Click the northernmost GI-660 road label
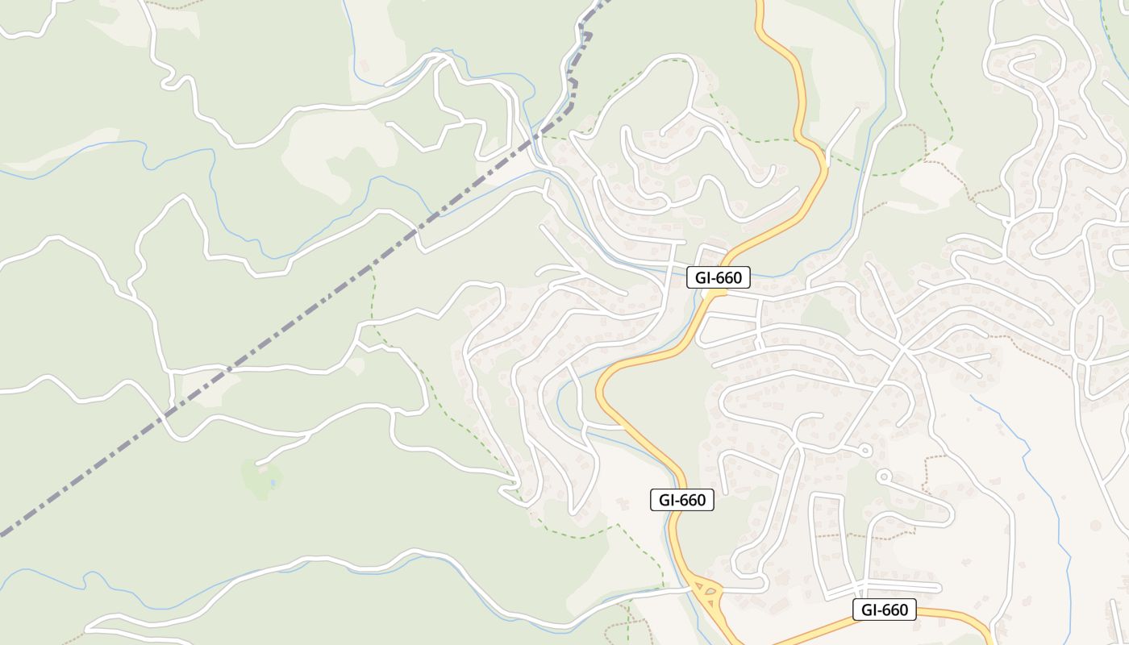point(719,278)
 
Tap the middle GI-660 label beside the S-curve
point(682,500)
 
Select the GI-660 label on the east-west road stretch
point(885,610)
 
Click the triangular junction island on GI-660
point(709,596)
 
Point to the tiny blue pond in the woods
point(273,483)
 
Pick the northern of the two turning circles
point(865,450)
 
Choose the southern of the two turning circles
point(884,476)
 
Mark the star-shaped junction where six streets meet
point(903,352)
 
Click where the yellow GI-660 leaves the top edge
point(759,3)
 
